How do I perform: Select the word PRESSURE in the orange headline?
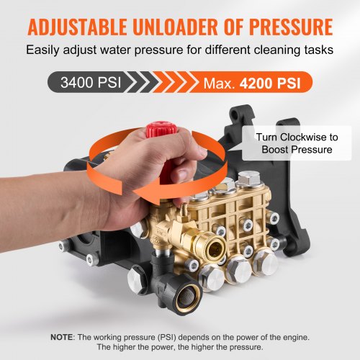[291, 27]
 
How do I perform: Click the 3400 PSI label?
[91, 82]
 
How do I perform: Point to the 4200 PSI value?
[270, 84]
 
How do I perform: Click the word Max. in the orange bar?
[219, 84]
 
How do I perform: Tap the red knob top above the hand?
[161, 129]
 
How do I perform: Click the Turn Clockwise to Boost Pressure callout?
[297, 143]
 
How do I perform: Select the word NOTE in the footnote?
[61, 337]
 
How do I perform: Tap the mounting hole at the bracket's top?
[235, 116]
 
